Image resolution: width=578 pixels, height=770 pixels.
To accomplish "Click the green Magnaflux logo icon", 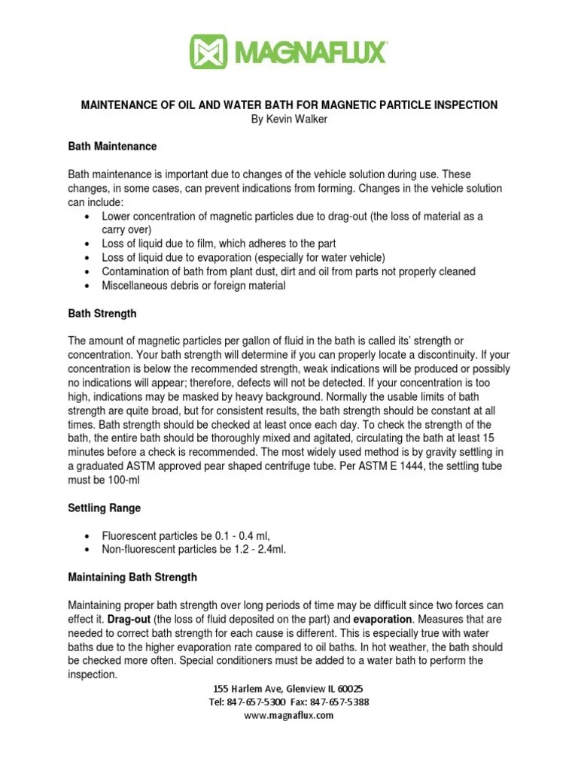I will click(x=211, y=52).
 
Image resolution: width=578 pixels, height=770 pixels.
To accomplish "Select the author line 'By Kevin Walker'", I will click(x=289, y=119).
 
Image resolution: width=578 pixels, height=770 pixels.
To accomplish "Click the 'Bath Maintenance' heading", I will click(x=112, y=146).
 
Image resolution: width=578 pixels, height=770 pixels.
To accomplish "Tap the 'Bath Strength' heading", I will click(x=102, y=313).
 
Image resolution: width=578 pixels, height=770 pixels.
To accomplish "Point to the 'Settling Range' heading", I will click(x=105, y=508).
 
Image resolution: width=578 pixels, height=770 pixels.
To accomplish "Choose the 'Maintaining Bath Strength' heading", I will click(x=132, y=577).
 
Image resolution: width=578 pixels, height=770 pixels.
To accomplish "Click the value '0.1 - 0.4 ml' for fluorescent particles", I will click(x=236, y=535).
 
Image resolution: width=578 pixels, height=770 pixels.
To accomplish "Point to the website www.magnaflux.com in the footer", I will click(x=289, y=716).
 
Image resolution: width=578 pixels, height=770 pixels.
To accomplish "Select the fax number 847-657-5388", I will click(x=344, y=702).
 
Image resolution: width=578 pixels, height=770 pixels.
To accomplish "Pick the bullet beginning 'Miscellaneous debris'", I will click(x=193, y=286).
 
